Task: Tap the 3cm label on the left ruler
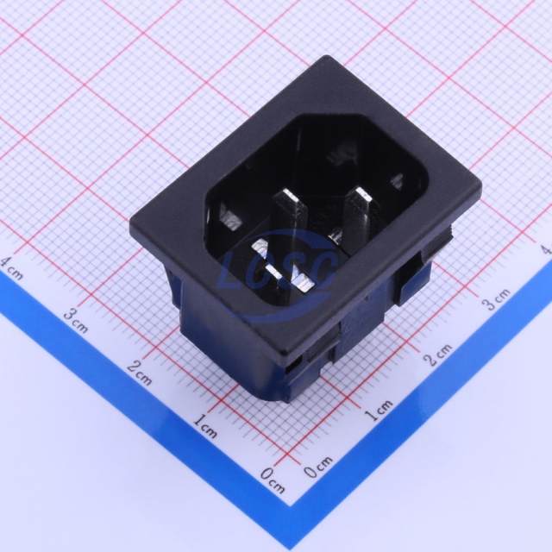(x=75, y=320)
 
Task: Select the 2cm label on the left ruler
(x=140, y=373)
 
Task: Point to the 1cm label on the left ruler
(x=205, y=425)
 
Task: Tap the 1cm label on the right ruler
(x=378, y=411)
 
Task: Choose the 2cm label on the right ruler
(x=437, y=354)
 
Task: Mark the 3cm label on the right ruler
(x=497, y=299)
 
